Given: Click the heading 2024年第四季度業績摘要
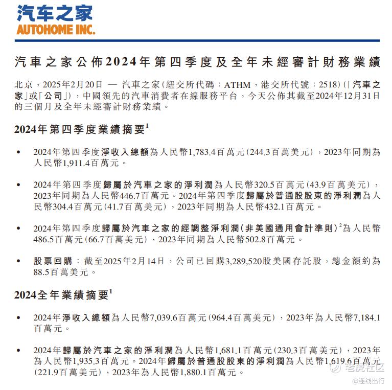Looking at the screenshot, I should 80,129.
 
